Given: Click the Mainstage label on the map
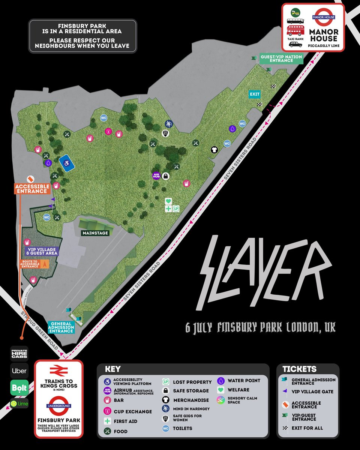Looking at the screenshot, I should [96, 233].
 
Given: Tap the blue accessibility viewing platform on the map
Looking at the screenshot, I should [66, 163].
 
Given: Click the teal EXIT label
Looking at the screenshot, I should [255, 94].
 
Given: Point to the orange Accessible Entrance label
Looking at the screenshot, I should [32, 189].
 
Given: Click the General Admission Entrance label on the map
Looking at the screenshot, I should [61, 327].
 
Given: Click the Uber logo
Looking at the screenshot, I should [19, 371].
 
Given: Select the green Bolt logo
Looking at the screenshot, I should [19, 388].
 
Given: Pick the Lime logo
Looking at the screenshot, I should [19, 403].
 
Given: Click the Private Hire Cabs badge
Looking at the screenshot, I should [19, 353].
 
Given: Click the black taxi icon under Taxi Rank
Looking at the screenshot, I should [295, 44].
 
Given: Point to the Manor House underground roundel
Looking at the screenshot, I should [324, 17].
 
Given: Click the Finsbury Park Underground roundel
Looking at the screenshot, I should [58, 406].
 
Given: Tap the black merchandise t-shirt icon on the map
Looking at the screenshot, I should [214, 150].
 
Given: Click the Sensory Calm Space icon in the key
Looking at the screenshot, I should [222, 400].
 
